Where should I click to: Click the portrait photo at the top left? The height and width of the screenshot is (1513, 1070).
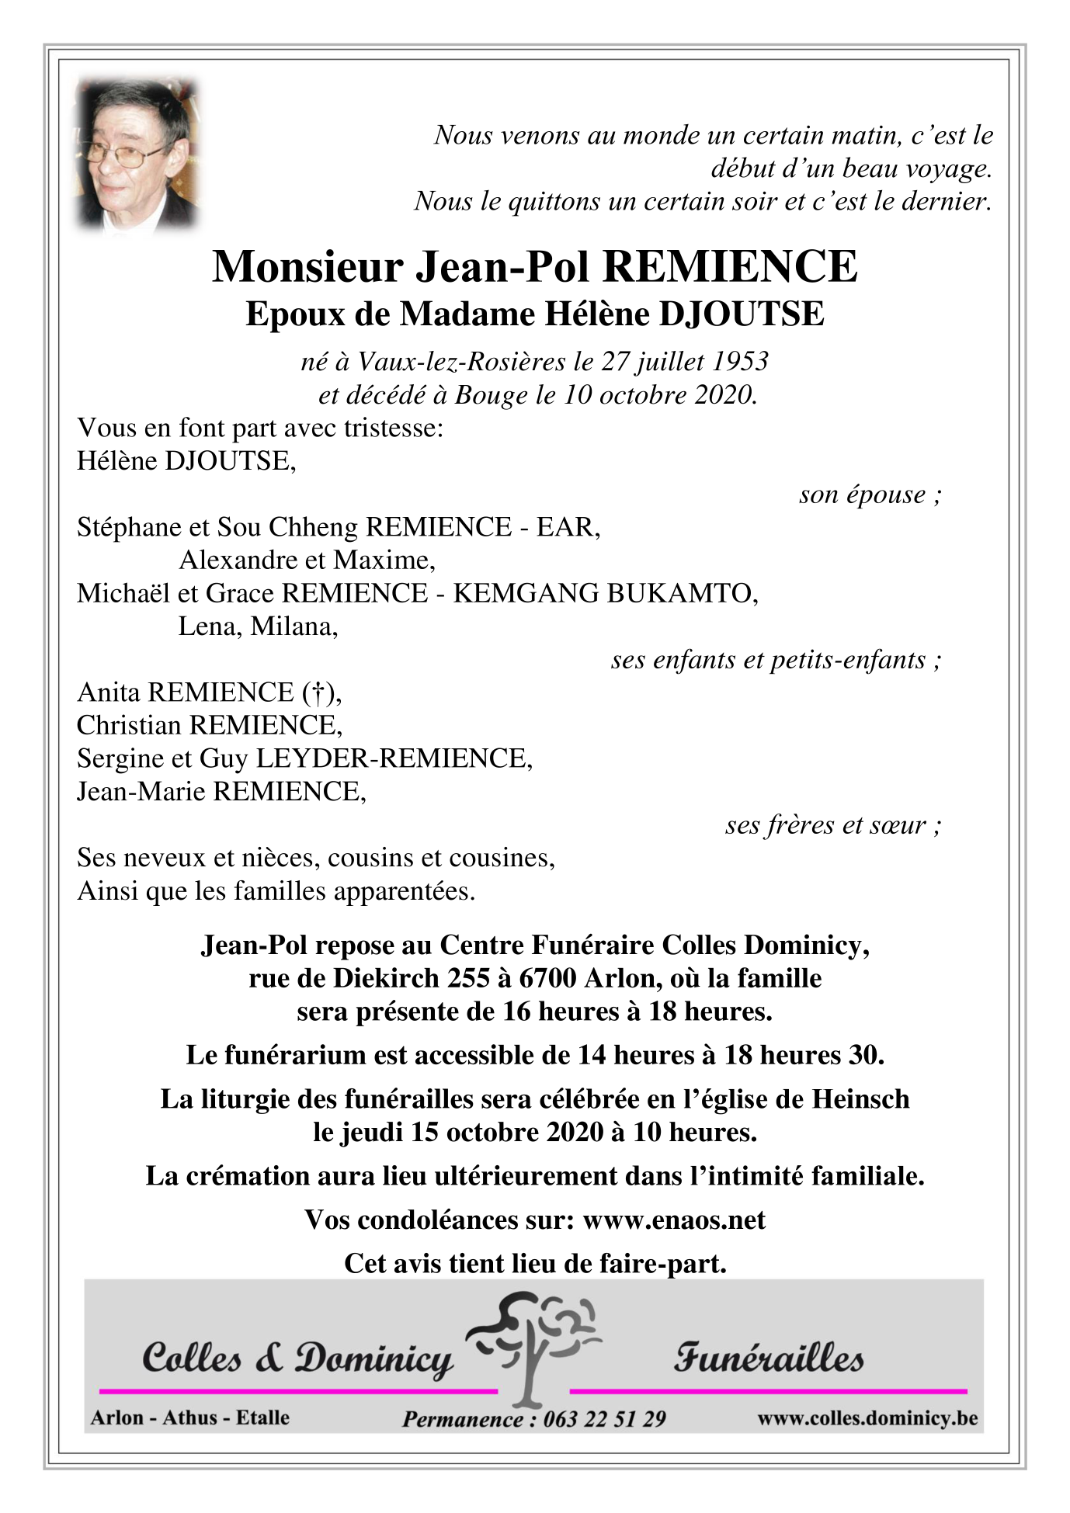click(x=137, y=156)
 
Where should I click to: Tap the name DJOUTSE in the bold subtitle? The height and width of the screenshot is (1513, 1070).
click(x=741, y=314)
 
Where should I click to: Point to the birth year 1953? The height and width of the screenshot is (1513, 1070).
click(x=739, y=361)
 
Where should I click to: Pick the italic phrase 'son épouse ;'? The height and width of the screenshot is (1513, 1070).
click(x=870, y=495)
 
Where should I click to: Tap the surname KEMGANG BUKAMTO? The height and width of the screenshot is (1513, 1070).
click(x=604, y=593)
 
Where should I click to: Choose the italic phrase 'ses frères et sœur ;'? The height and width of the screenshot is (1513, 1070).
click(x=833, y=824)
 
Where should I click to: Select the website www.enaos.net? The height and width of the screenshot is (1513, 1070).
click(x=673, y=1220)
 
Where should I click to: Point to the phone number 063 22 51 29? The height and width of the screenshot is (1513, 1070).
click(x=604, y=1419)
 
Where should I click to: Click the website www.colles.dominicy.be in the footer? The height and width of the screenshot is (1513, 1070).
click(x=867, y=1418)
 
